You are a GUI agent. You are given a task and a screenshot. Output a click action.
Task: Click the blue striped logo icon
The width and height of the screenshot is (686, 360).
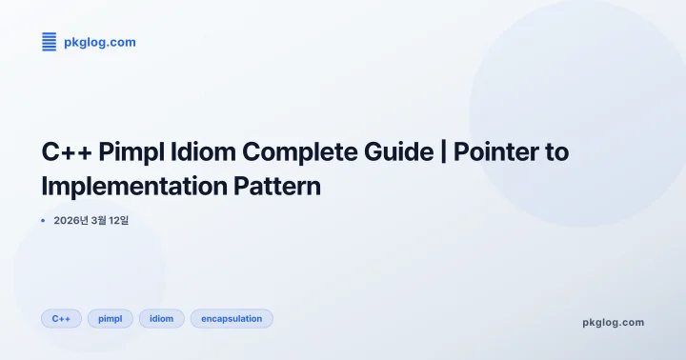[50, 41]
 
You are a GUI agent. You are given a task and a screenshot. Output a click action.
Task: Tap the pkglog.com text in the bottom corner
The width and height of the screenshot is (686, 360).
[613, 322]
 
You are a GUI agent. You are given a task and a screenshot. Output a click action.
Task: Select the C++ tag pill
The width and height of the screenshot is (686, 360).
[61, 318]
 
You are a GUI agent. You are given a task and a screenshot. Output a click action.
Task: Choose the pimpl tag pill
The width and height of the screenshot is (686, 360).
[110, 318]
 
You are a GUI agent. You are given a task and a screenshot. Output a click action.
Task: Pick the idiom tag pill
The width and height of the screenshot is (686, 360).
[162, 318]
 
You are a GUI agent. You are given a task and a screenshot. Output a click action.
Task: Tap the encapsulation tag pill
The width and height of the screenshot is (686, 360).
[232, 318]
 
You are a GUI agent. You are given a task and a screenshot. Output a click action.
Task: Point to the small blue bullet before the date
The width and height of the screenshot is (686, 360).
[43, 221]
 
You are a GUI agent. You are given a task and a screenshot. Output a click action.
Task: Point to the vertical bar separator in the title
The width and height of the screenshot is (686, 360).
[444, 152]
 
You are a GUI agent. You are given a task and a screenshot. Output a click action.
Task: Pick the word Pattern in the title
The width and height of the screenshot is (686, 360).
[277, 186]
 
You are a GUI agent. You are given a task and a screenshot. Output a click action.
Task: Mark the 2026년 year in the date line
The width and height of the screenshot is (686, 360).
[71, 221]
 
